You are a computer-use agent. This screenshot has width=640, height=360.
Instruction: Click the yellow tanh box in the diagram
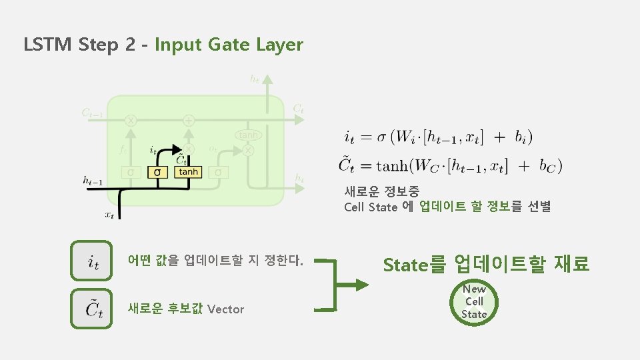[187, 172]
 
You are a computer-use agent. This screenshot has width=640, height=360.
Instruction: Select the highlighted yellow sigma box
[157, 172]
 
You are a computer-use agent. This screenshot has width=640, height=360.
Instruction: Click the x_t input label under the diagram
[110, 215]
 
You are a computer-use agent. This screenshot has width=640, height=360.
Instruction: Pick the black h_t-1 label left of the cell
[93, 179]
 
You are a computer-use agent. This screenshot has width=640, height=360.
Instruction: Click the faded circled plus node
[189, 121]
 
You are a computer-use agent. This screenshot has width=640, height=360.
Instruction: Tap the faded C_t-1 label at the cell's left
[93, 113]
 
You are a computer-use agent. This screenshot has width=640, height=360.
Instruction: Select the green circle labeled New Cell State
[474, 301]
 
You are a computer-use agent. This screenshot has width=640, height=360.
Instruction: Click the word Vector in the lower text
[226, 309]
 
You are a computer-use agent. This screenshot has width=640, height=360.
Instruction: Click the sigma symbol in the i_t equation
[381, 138]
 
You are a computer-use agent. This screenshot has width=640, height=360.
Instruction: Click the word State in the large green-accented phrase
[405, 265]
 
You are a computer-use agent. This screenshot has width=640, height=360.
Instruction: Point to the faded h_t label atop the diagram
[255, 79]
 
